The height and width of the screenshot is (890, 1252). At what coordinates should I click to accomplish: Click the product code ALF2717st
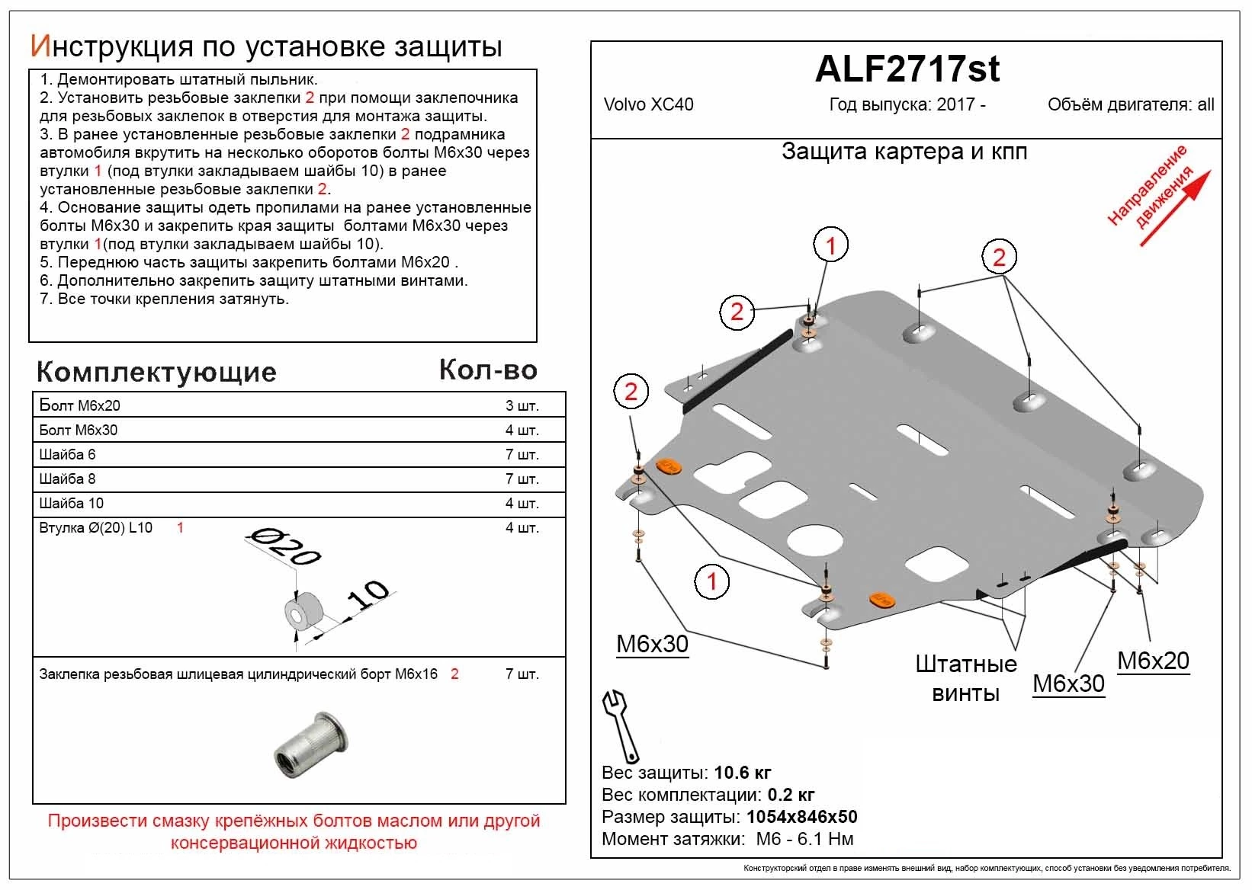[x=907, y=69]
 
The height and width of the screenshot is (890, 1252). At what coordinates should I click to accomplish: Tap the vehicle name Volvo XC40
[x=648, y=105]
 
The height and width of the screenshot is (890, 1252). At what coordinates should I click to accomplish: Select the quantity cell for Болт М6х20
[x=522, y=406]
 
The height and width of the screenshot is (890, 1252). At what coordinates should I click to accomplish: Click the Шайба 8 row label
[x=68, y=479]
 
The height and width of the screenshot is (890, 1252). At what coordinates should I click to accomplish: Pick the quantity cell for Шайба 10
[x=522, y=504]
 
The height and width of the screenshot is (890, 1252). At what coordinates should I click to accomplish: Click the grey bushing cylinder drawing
[x=305, y=611]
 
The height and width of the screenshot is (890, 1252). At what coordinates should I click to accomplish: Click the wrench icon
[x=621, y=725]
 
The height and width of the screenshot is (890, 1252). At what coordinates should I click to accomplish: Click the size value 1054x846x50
[x=801, y=818]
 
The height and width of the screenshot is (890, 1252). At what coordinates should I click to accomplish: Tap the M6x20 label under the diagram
[x=1153, y=661]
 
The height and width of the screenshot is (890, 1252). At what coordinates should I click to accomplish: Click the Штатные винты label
[x=965, y=678]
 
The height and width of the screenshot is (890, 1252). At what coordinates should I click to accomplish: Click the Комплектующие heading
[x=156, y=372]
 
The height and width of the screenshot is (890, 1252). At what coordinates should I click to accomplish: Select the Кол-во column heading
[x=488, y=370]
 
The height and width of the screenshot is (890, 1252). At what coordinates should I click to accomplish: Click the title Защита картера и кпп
[x=904, y=152]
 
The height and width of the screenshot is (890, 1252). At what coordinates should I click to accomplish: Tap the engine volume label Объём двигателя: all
[x=1130, y=105]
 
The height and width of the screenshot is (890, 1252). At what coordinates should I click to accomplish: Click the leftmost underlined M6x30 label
[x=652, y=645]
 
